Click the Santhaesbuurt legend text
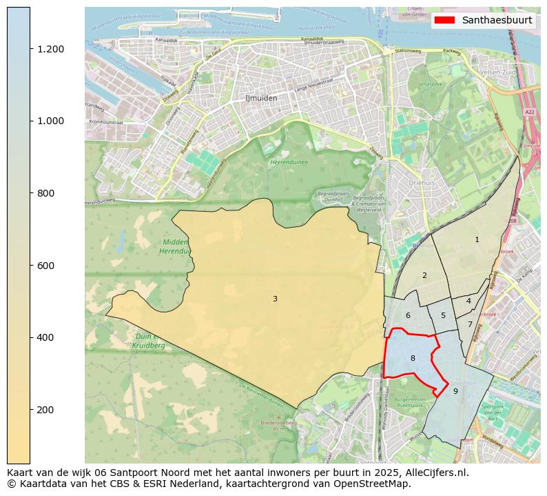(x=497, y=20)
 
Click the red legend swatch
(x=446, y=20)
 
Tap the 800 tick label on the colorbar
(x=45, y=193)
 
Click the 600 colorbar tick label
(x=45, y=266)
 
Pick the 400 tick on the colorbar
(x=45, y=337)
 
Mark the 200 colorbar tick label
(x=45, y=410)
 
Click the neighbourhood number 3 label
(x=275, y=299)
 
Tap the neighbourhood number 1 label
(x=477, y=239)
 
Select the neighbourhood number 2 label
(x=424, y=275)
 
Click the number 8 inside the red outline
(x=413, y=358)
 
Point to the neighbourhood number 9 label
(x=455, y=391)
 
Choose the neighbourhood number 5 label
(x=443, y=315)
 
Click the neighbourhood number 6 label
(x=408, y=315)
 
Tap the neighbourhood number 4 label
(x=468, y=301)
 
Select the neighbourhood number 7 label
(x=470, y=324)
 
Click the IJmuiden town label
(x=261, y=98)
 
